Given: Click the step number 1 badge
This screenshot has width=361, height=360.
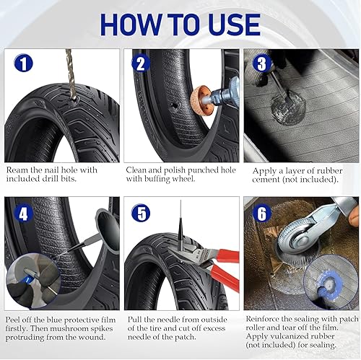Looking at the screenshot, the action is click(x=23, y=63).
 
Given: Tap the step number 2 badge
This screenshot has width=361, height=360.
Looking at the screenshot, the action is click(x=141, y=63).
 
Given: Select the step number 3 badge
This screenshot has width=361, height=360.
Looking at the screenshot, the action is click(x=261, y=63).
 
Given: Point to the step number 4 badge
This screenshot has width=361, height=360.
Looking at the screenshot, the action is click(x=23, y=214).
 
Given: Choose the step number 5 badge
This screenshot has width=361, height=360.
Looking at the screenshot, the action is click(x=141, y=213).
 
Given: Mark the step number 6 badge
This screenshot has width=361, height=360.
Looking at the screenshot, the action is click(x=261, y=213).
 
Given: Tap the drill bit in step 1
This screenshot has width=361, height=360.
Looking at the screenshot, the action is click(x=71, y=74).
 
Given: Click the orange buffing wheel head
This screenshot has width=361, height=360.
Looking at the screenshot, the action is click(x=199, y=100).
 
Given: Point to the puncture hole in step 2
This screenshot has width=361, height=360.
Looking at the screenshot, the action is click(x=174, y=105).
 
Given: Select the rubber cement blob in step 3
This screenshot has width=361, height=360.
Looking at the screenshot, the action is click(x=288, y=108).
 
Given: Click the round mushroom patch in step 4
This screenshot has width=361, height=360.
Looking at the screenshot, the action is click(x=108, y=230).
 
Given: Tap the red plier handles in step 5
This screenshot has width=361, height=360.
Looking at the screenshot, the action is click(x=225, y=268).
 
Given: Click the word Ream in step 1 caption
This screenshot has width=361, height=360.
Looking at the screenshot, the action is click(x=17, y=170).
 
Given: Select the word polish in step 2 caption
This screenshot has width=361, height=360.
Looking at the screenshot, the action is click(x=174, y=171).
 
